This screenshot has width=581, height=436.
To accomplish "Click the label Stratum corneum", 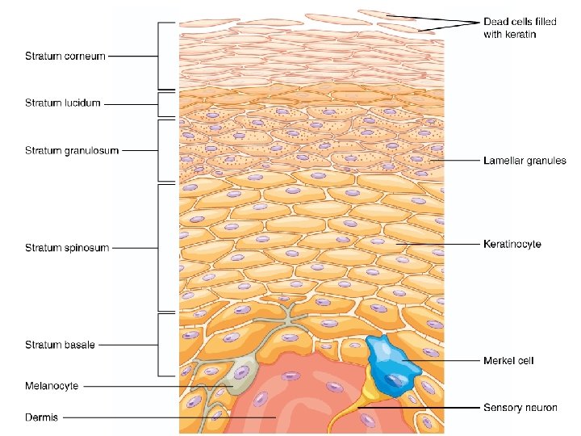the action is coord(65,57).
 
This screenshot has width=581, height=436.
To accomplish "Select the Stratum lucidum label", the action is coord(63,103).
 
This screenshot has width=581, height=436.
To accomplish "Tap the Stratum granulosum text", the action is coord(71,150).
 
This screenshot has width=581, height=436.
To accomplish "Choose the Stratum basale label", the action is coord(60,345).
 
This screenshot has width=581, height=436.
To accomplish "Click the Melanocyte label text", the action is coord(52,386).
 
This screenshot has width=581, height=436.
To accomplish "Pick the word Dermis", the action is coord(40,417).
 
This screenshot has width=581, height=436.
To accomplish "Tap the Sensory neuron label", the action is coord(520,408).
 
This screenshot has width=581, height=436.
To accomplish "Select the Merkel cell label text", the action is coord(508,360).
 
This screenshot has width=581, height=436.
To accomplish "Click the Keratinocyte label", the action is coord(512,244).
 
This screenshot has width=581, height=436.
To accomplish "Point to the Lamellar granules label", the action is coord(525,161).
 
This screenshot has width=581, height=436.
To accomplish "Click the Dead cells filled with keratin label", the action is coord(520,27).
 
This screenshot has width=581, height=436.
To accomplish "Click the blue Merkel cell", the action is coord(391,364).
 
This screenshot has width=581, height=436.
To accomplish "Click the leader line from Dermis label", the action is coord(161,417).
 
